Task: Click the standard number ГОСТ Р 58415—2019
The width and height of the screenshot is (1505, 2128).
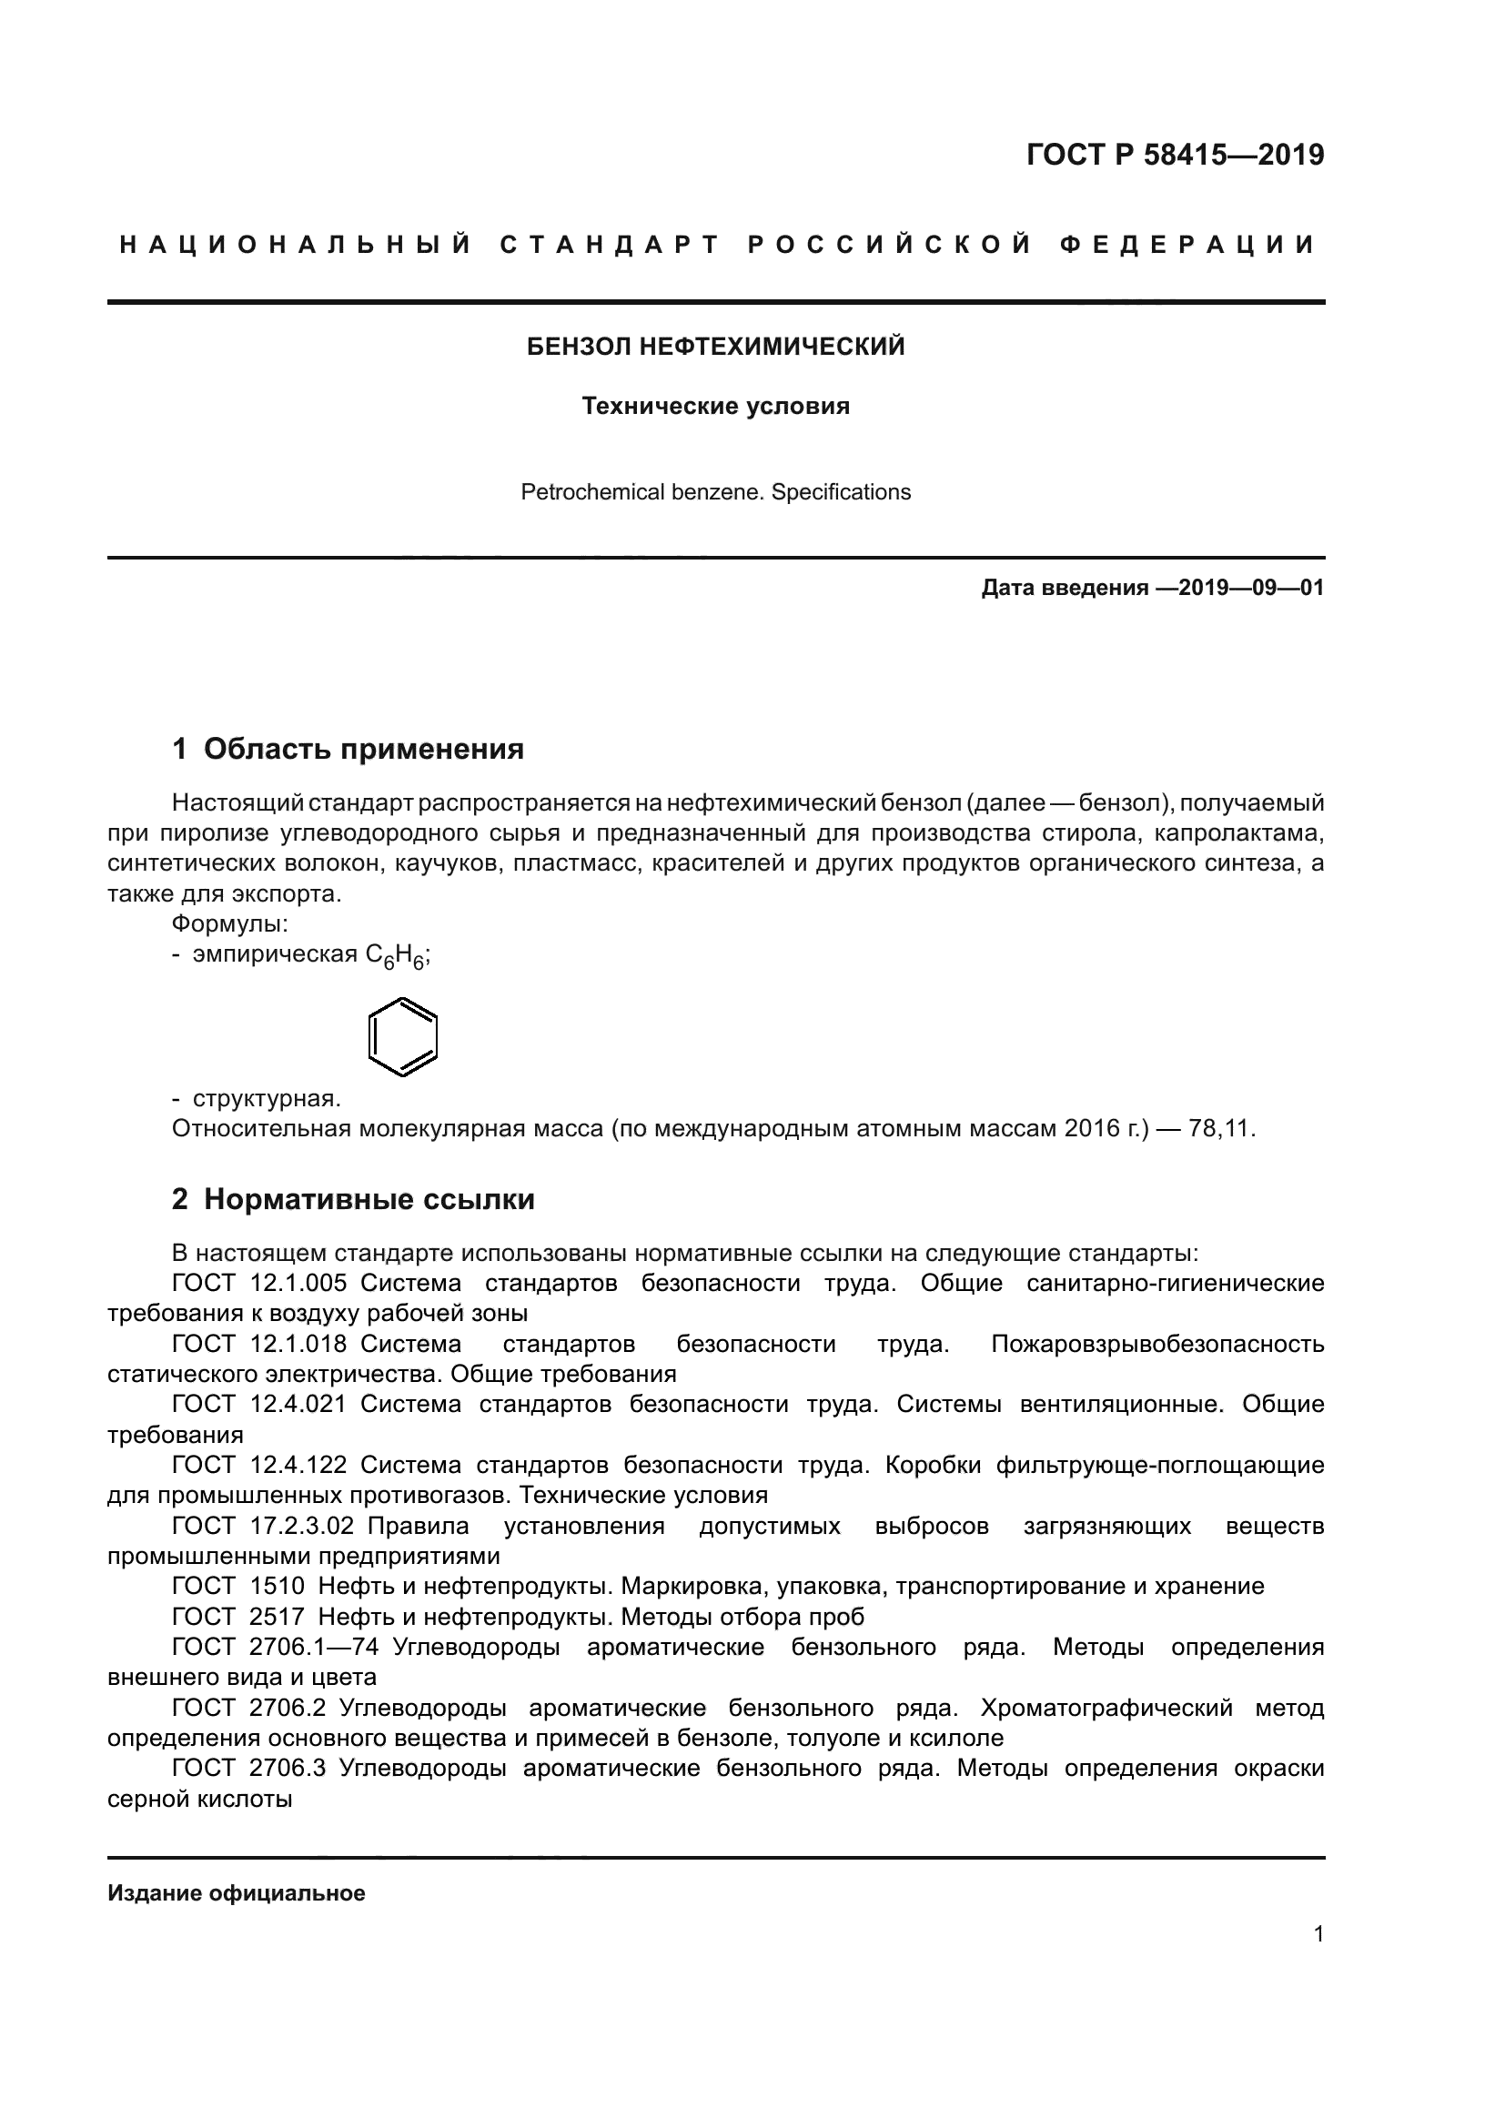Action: click(x=1175, y=155)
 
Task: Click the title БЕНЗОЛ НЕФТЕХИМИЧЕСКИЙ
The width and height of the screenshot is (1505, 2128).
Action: click(x=715, y=347)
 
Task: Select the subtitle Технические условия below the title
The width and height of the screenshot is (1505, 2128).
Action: click(x=715, y=406)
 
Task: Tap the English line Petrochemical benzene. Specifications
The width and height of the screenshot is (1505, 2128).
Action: click(x=715, y=492)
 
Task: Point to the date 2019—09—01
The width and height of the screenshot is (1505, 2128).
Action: click(x=1251, y=588)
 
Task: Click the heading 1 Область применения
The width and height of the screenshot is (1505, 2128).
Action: click(x=348, y=748)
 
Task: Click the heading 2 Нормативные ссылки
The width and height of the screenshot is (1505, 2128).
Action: click(x=353, y=1198)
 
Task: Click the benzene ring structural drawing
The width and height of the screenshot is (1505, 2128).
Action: click(x=402, y=1036)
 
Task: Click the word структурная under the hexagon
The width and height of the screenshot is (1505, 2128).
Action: click(x=266, y=1098)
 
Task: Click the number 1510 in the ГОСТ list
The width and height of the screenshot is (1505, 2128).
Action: click(x=278, y=1586)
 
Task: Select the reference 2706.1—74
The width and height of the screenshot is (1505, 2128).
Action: click(x=314, y=1647)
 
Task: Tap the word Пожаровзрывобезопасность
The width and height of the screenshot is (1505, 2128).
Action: click(x=1157, y=1344)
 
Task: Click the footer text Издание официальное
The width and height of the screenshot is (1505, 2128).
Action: click(x=237, y=1892)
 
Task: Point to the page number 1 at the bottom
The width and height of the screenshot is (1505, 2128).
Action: click(x=1318, y=1933)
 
